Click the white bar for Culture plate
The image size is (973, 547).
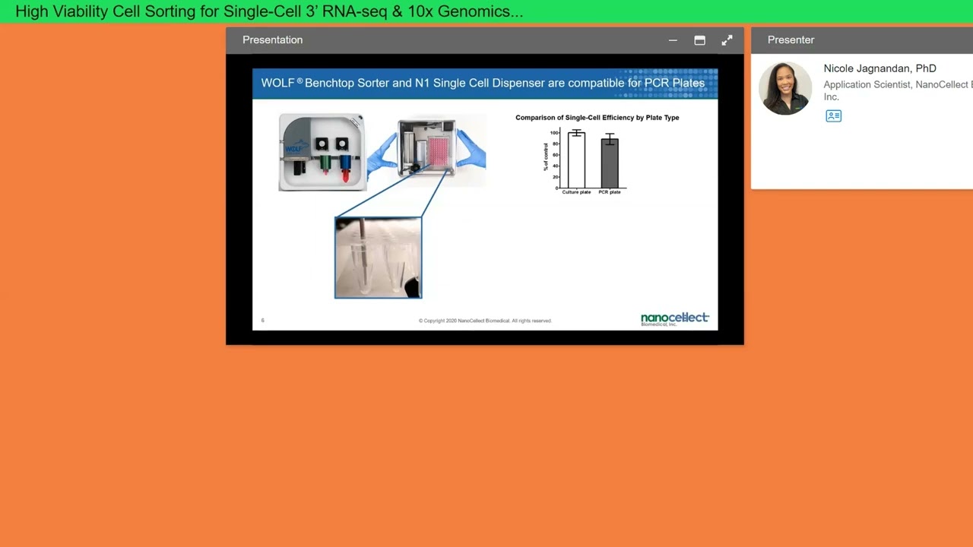click(576, 160)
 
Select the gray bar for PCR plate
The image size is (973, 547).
click(610, 163)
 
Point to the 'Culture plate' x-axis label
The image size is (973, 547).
click(576, 192)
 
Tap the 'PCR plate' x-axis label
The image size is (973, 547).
click(610, 192)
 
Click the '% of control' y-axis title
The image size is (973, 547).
click(546, 156)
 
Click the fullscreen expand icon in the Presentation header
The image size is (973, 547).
click(727, 40)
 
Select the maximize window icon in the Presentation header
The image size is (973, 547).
click(699, 40)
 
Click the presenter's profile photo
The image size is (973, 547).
click(785, 88)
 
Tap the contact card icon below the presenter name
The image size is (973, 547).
click(833, 116)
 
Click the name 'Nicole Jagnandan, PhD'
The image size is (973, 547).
click(880, 68)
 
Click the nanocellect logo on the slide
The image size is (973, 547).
click(674, 318)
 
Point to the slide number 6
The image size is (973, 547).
click(263, 321)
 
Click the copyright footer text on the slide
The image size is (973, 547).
click(485, 321)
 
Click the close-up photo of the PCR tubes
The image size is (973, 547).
click(378, 258)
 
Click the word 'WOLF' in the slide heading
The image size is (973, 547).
click(277, 83)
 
